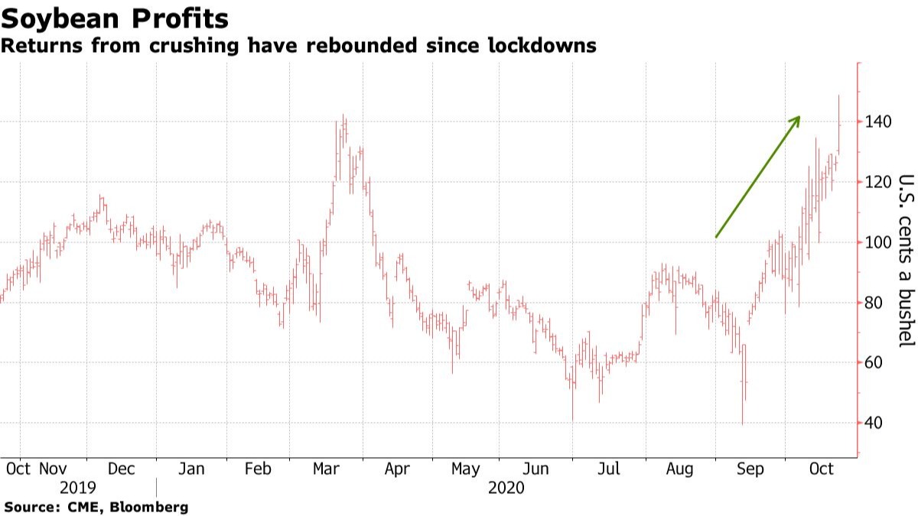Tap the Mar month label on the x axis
tap(326, 469)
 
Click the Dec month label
tap(121, 469)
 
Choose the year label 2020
tap(506, 488)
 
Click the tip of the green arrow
tap(799, 117)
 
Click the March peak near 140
tap(343, 116)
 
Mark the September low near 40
tap(742, 423)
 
